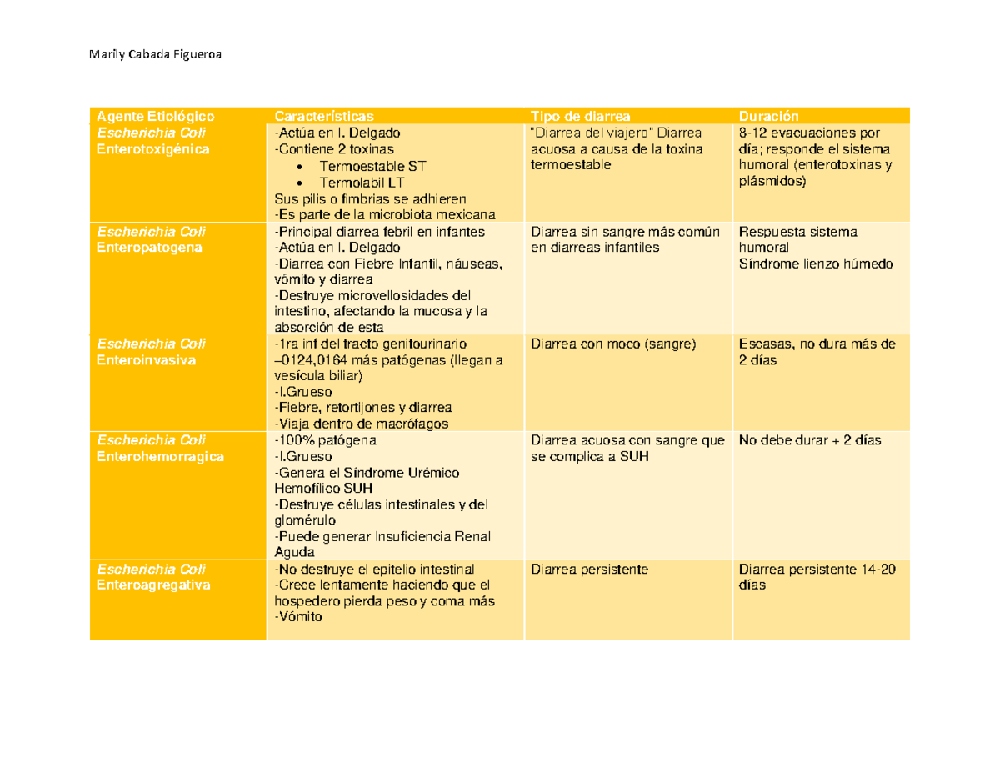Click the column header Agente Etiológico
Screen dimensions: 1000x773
[156, 116]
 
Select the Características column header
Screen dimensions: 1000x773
[324, 116]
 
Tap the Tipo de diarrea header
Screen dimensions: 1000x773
[581, 116]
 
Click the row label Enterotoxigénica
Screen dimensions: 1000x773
[153, 149]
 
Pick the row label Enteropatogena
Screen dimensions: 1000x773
[148, 248]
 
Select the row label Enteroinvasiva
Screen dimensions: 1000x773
[146, 359]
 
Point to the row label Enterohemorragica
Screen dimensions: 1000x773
[160, 457]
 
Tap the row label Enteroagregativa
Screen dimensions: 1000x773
[153, 585]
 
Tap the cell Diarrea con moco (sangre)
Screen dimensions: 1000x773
[612, 344]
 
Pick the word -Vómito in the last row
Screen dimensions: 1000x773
[297, 617]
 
